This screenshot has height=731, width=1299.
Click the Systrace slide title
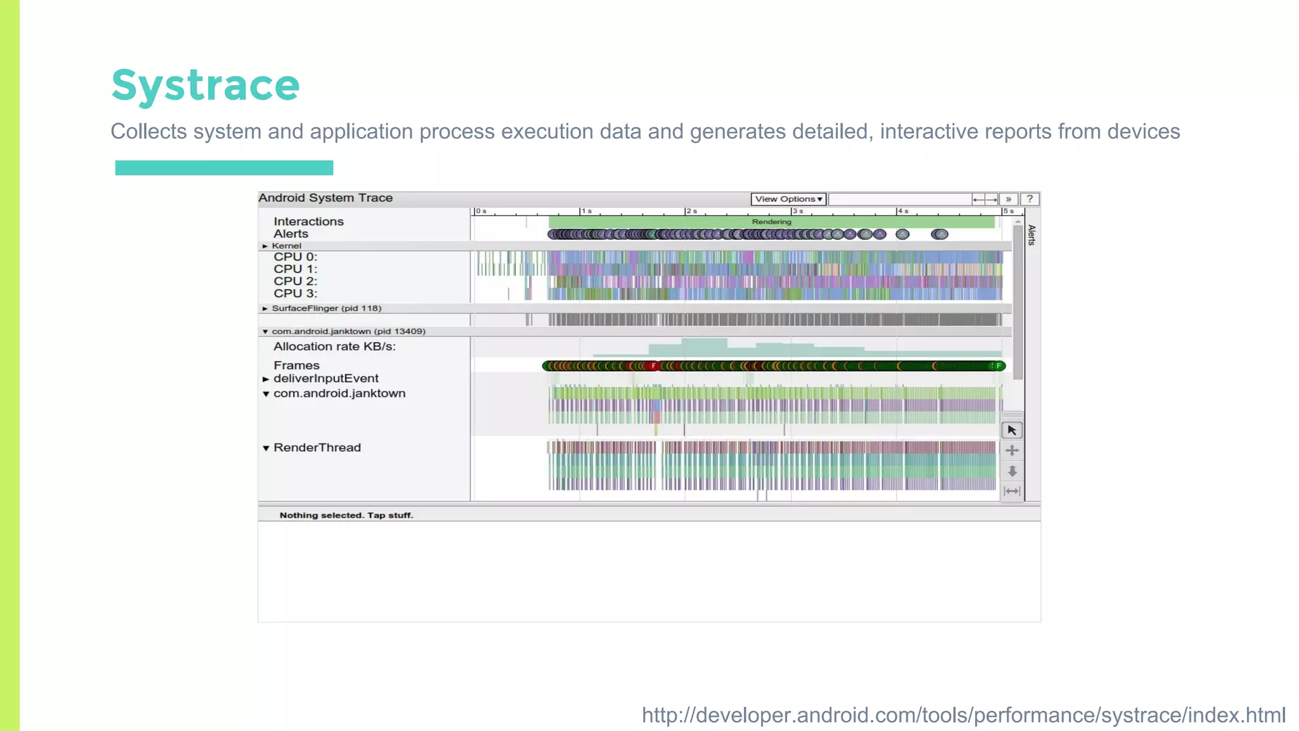[x=206, y=85]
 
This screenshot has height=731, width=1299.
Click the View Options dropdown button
[x=788, y=199]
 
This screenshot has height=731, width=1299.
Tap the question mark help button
[x=1029, y=199]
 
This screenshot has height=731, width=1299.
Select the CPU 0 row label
[x=295, y=257]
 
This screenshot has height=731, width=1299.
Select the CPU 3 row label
[x=295, y=294]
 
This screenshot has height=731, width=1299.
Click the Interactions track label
[x=308, y=221]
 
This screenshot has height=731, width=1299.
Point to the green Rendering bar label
[x=771, y=222]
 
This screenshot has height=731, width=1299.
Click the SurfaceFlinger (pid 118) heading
[x=326, y=308]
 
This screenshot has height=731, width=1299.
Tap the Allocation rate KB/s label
[x=334, y=346]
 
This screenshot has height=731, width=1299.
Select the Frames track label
[x=296, y=365]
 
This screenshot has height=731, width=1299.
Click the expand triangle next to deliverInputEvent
[x=266, y=379]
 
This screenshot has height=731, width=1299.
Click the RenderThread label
[x=317, y=448]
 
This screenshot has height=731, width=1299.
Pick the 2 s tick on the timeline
[x=690, y=211]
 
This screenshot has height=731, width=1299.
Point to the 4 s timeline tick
[x=901, y=211]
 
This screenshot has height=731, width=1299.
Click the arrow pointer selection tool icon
[x=1012, y=430]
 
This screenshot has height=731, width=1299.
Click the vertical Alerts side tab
[x=1031, y=235]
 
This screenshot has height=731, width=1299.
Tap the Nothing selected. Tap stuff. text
[x=346, y=515]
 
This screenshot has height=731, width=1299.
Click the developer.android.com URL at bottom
[x=963, y=715]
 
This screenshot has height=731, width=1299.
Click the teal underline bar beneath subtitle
[x=224, y=168]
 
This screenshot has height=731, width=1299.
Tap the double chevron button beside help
[x=1009, y=199]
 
